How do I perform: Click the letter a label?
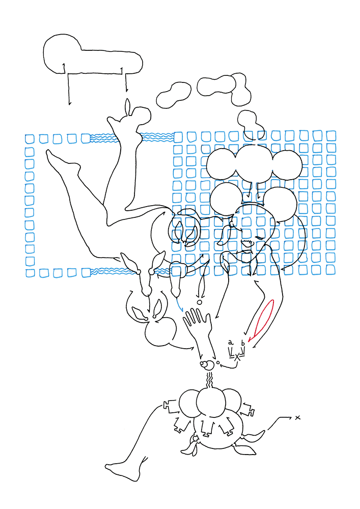[x=231, y=342]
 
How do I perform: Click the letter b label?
[x=242, y=343]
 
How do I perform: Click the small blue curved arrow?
[x=179, y=304]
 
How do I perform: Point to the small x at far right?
[x=297, y=418]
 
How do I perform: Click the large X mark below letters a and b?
[x=237, y=357]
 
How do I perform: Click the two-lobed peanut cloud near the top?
[x=174, y=95]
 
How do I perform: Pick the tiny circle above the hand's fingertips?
[x=199, y=302]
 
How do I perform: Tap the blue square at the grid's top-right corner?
[x=331, y=136]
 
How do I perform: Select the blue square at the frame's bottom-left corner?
[x=30, y=273]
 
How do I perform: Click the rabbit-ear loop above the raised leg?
[x=128, y=107]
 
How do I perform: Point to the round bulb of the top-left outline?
[x=62, y=53]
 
